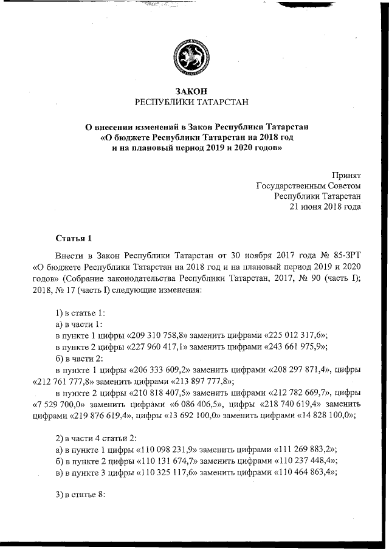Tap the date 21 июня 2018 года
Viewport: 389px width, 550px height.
coord(326,207)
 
